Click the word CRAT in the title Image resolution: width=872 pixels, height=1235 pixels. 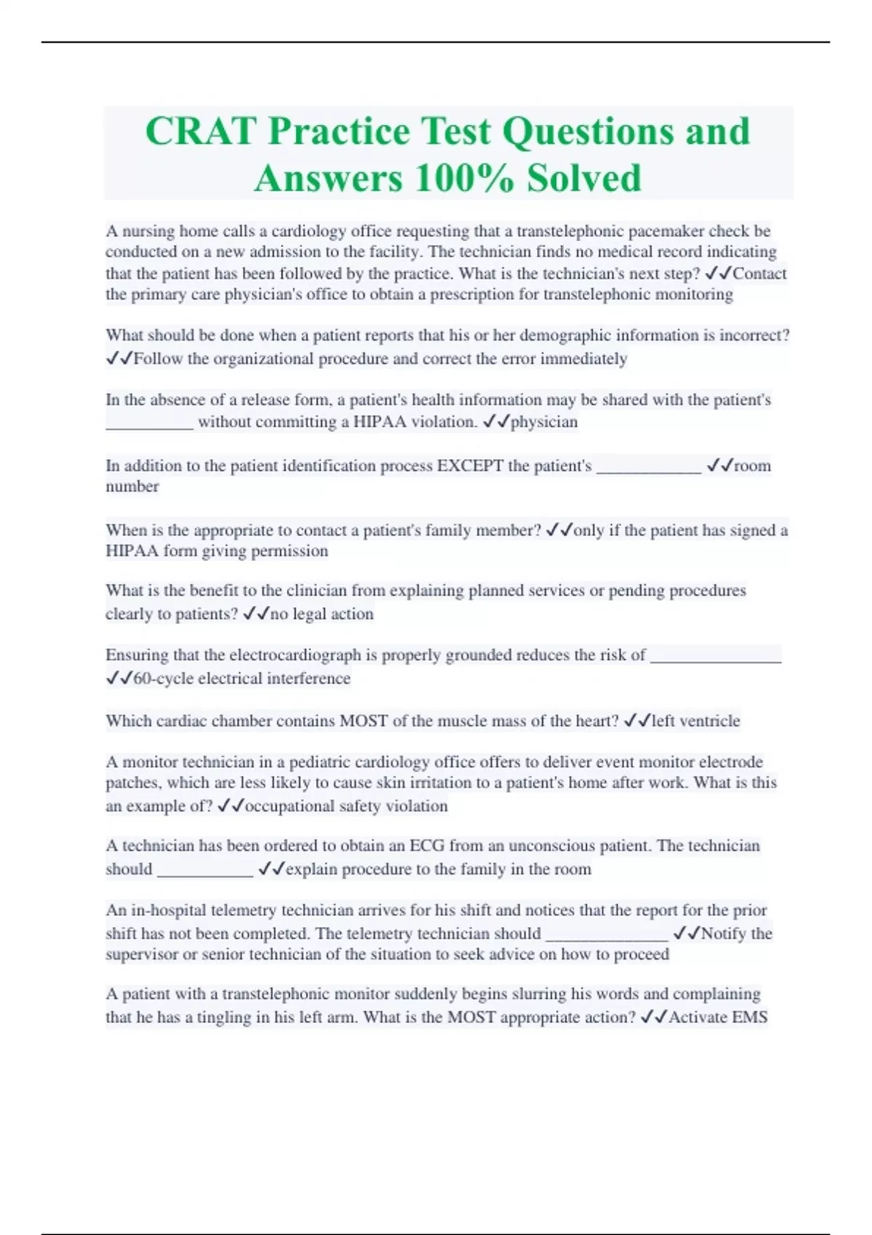click(x=201, y=131)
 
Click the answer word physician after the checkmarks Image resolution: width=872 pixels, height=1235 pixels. click(x=544, y=422)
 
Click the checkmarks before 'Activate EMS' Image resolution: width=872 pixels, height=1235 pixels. click(x=653, y=1017)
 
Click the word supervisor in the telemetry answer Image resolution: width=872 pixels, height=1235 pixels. click(x=142, y=955)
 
